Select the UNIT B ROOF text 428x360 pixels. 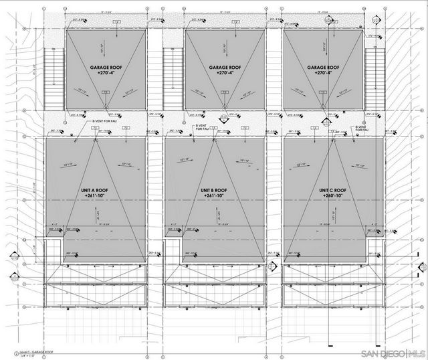[x=215, y=190]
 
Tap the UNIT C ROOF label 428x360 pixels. [x=333, y=190]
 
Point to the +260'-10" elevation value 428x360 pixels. [x=333, y=196]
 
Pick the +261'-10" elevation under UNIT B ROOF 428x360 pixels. [x=215, y=196]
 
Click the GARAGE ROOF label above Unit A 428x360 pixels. [x=106, y=68]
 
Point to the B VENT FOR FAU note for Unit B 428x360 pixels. [x=201, y=126]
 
